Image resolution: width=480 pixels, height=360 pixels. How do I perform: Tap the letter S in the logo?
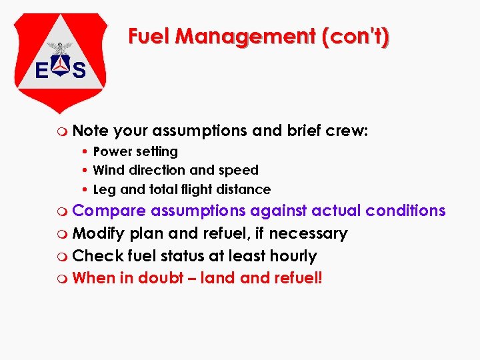coord(79,71)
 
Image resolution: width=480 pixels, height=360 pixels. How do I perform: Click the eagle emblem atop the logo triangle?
coord(61,49)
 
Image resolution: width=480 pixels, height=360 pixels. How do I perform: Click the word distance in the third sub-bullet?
coord(245,189)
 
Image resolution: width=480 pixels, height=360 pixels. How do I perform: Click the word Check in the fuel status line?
coord(93,255)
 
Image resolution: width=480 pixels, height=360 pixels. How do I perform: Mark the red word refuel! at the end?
coord(297,277)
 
